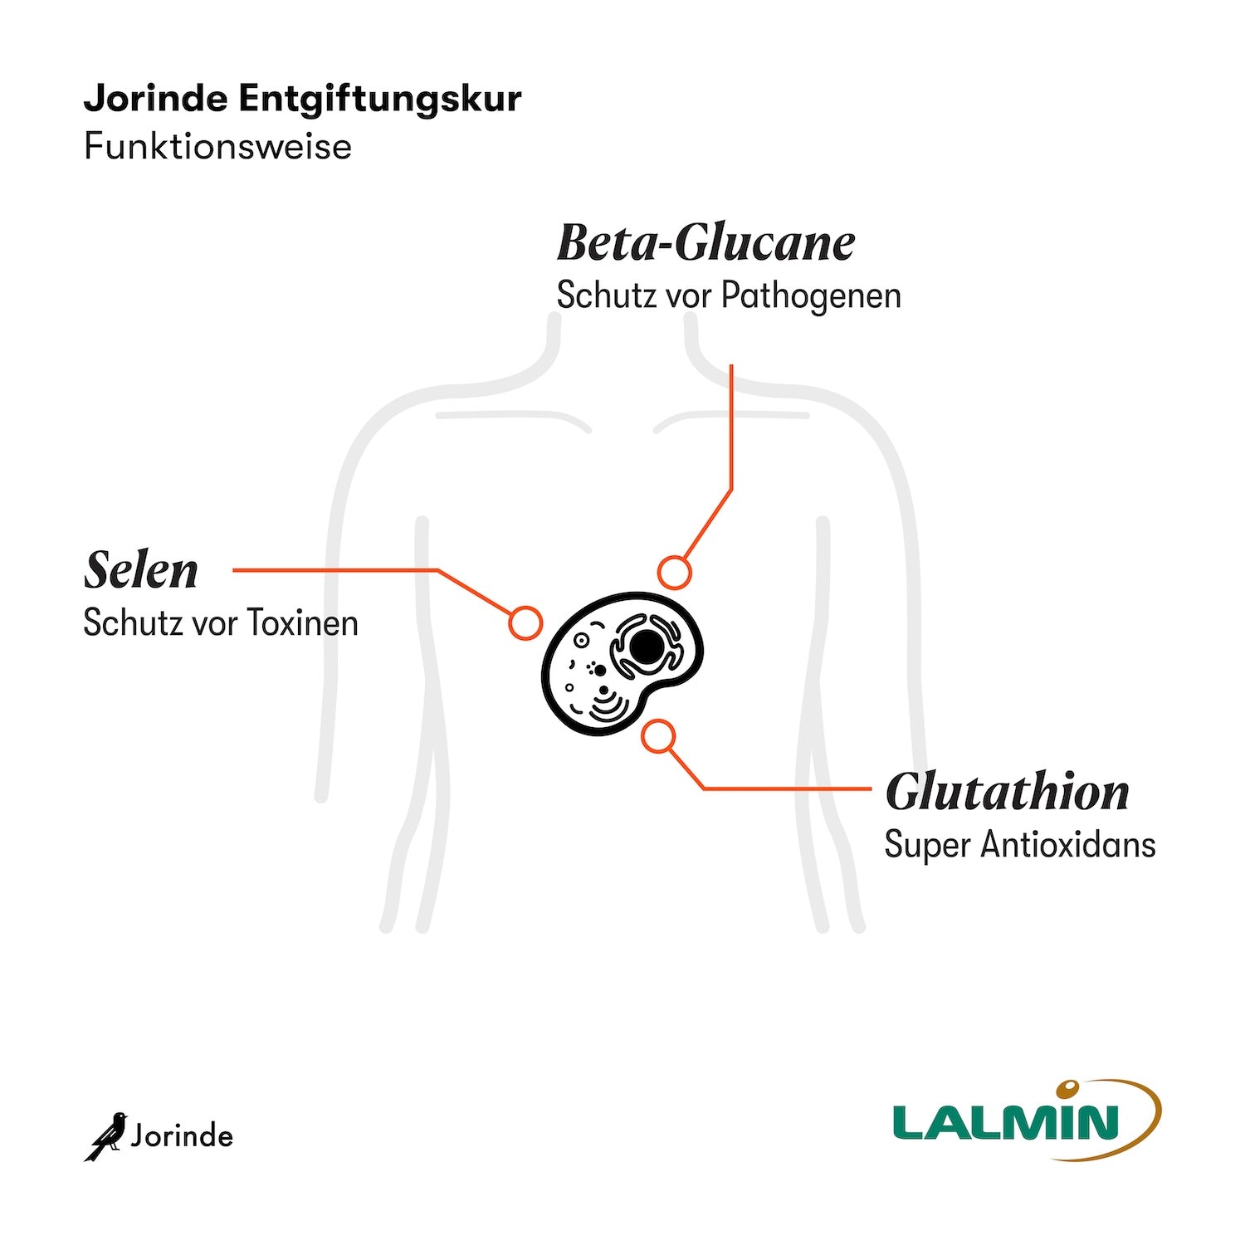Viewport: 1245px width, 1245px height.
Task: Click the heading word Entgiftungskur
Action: (x=380, y=99)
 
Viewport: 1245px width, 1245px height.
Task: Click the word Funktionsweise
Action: (x=217, y=147)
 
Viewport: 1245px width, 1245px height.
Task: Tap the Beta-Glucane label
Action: (x=705, y=243)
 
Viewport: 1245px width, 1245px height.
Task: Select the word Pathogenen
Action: (x=811, y=295)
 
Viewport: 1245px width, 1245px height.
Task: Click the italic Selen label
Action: (x=141, y=571)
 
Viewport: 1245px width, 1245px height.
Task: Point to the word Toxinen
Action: (x=302, y=623)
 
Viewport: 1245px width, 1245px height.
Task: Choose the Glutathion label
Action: (x=1007, y=792)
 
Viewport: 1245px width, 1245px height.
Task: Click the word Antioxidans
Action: (x=1068, y=845)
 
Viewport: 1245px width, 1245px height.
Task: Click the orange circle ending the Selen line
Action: (x=525, y=622)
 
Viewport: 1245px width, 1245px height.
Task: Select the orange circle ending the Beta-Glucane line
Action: (x=674, y=573)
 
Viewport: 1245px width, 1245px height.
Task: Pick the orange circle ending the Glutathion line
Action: (x=658, y=737)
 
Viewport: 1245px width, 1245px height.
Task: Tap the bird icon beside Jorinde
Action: (x=106, y=1135)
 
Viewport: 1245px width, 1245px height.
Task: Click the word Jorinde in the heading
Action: (x=155, y=99)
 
